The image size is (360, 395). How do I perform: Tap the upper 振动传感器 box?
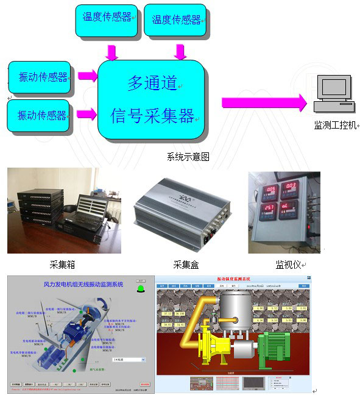click(x=39, y=77)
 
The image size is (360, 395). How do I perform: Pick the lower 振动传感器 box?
click(x=39, y=115)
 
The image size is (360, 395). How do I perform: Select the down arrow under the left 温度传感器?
click(x=111, y=52)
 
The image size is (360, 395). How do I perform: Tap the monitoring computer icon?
click(x=333, y=94)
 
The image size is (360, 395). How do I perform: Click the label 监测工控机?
click(x=334, y=126)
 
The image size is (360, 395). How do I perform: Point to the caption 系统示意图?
click(x=188, y=157)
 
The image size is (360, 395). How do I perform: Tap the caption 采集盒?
click(x=186, y=265)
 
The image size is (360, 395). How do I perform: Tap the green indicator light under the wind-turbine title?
click(x=143, y=288)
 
